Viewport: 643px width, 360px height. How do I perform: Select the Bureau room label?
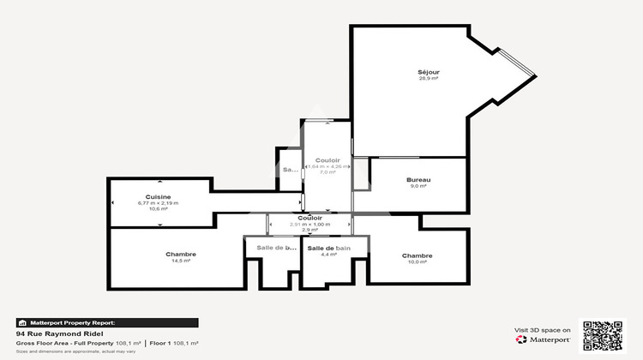418,179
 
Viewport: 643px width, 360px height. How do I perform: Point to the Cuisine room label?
158,196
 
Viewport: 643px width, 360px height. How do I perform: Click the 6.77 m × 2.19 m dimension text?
158,203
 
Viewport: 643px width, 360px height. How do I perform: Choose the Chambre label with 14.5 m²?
181,254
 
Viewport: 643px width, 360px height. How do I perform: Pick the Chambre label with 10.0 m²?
417,255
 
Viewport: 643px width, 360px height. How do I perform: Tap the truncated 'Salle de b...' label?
272,248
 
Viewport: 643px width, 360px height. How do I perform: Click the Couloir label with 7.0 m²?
328,160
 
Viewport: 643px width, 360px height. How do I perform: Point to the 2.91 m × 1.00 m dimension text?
310,224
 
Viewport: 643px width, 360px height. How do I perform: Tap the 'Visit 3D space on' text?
543,329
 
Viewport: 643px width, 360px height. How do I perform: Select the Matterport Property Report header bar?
107,322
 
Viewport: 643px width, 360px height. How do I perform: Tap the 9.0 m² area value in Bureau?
418,186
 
